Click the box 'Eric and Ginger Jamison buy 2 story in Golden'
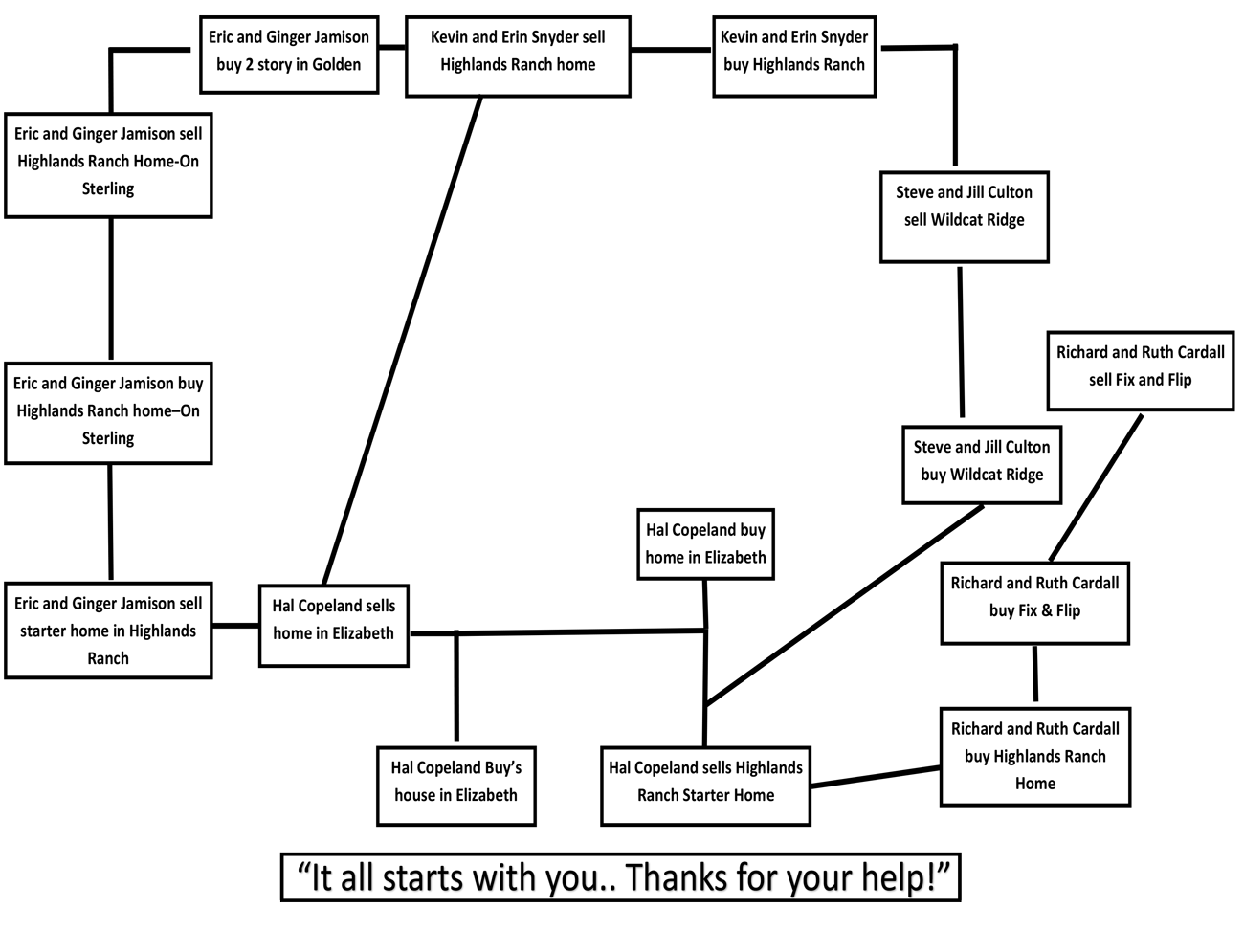coord(289,55)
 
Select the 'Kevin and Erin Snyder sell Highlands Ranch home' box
coord(518,56)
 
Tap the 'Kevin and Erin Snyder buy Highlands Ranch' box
coord(794,56)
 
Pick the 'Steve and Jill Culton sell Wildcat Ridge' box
coord(964,217)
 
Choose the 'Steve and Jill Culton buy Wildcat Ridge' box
coord(982,464)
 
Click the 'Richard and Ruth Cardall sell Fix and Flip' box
coord(1141,370)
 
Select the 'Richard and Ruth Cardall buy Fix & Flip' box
coord(1034,603)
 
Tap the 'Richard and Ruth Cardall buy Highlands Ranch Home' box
coord(1034,756)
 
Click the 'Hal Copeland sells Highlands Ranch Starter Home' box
coord(705,786)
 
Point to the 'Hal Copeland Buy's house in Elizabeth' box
coord(456,786)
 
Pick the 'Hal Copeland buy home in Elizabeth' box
coord(705,543)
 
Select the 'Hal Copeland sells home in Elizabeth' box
coord(334,626)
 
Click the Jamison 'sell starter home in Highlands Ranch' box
coord(108,631)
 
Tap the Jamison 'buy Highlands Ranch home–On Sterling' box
coord(108,413)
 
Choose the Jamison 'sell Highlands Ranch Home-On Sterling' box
coord(108,166)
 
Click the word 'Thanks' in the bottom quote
coord(676,877)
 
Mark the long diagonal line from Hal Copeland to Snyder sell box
coord(402,341)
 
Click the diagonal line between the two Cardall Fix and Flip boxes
coord(1096,488)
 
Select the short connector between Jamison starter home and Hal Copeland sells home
coord(235,626)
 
